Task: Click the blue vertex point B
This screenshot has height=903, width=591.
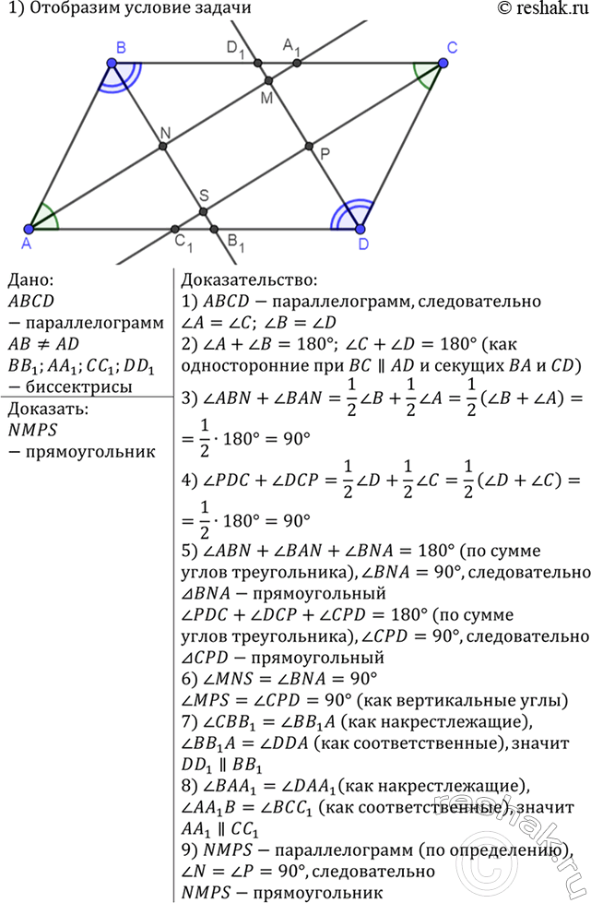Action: [x=112, y=63]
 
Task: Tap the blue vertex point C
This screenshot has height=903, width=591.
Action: [x=442, y=63]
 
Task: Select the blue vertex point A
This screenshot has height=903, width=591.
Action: [x=29, y=229]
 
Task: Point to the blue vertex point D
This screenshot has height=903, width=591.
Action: [x=361, y=229]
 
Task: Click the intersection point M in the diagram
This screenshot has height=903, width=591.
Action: [x=268, y=80]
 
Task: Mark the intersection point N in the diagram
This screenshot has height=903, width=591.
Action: [x=163, y=147]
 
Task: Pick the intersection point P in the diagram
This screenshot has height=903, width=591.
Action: [x=309, y=147]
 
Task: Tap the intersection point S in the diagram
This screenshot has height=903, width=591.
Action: [x=203, y=212]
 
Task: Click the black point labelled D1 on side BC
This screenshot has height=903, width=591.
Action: [x=258, y=63]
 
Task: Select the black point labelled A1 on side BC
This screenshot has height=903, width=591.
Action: [x=297, y=63]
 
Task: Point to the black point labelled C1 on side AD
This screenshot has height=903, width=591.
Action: [x=175, y=229]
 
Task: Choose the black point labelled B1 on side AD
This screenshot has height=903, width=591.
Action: [x=214, y=229]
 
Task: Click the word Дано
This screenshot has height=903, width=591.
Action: [x=30, y=279]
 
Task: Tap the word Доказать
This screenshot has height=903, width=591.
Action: [x=48, y=409]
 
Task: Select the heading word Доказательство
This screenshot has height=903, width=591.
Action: [x=249, y=280]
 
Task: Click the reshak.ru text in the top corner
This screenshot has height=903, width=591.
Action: [x=542, y=8]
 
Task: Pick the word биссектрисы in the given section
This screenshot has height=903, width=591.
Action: [x=79, y=386]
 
